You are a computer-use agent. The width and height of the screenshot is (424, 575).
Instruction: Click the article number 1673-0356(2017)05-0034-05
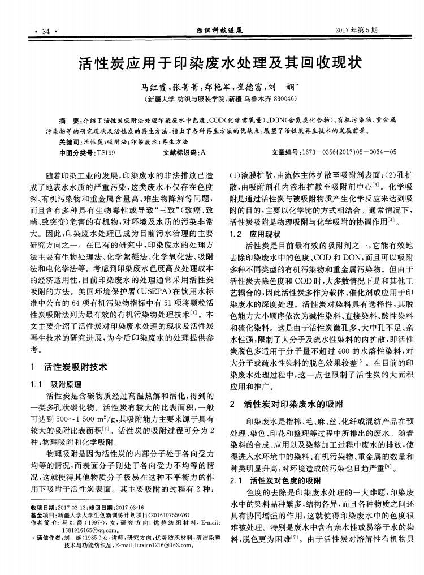click(351, 152)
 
